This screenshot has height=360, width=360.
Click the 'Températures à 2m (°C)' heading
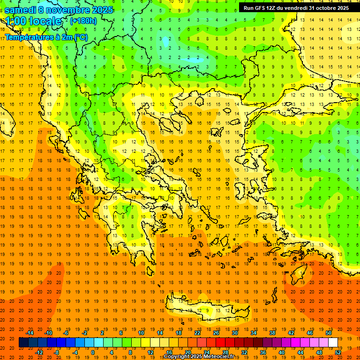click(x=46, y=37)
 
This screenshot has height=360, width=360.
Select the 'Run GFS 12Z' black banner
click(x=296, y=8)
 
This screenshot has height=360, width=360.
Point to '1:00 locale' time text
click(x=33, y=21)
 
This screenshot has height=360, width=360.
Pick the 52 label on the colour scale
click(x=338, y=352)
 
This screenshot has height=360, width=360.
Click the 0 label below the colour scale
click(x=92, y=352)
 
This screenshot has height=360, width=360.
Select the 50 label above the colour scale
click(x=329, y=333)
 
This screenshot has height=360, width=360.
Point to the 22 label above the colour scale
click(x=197, y=333)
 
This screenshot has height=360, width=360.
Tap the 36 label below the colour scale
click(x=263, y=352)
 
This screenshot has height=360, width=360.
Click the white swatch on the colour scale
click(x=333, y=343)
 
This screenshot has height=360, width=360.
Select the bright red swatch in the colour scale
click(x=220, y=343)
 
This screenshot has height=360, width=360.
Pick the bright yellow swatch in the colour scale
click(x=145, y=343)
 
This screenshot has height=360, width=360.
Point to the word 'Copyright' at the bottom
click(x=177, y=357)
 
